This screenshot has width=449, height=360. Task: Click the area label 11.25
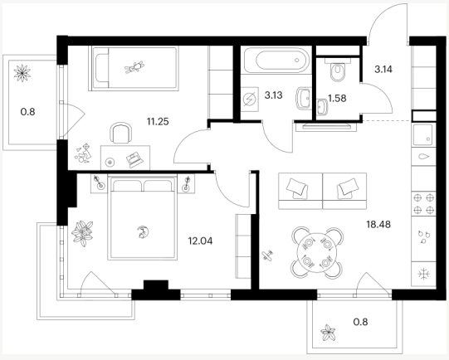pyautogui.click(x=158, y=122)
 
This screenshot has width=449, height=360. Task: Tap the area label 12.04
pyautogui.click(x=200, y=241)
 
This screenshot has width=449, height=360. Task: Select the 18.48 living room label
pyautogui.click(x=378, y=224)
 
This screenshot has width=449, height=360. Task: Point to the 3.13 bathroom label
pyautogui.click(x=273, y=95)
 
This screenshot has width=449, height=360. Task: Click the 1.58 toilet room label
pyautogui.click(x=337, y=99)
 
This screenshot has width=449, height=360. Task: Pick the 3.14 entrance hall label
pyautogui.click(x=383, y=69)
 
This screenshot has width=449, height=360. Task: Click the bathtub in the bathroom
pyautogui.click(x=277, y=60)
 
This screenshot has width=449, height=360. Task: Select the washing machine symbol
pyautogui.click(x=250, y=100)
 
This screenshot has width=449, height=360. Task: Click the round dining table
pyautogui.click(x=317, y=252)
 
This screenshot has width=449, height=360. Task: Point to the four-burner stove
pyautogui.click(x=424, y=204)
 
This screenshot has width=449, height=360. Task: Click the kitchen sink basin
pyautogui.click(x=422, y=134)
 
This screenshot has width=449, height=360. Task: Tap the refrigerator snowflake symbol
pyautogui.click(x=423, y=274)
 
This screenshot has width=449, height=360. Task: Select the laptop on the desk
pyautogui.click(x=134, y=160)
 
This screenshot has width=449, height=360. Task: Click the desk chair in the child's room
pyautogui.click(x=121, y=133)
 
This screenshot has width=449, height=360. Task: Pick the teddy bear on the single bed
pyautogui.click(x=134, y=67)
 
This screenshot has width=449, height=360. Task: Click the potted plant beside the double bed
pyautogui.click(x=82, y=233)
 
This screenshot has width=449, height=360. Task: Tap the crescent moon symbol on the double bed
pyautogui.click(x=142, y=231)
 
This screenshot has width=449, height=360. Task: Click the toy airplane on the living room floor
pyautogui.click(x=268, y=255)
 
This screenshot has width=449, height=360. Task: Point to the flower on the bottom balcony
pyautogui.click(x=328, y=333)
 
